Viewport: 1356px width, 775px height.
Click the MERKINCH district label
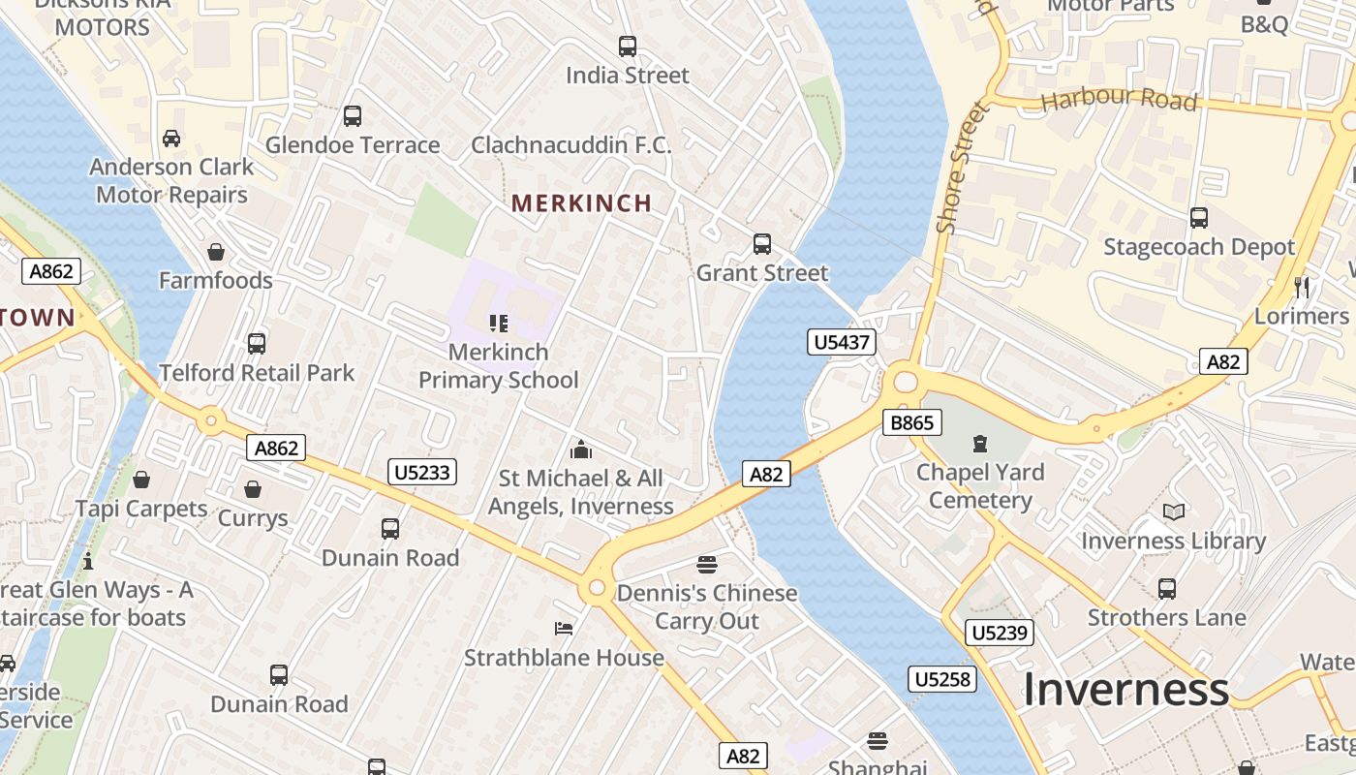point(581,203)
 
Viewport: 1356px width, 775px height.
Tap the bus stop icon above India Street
point(628,46)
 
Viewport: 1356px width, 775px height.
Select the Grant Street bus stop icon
point(762,244)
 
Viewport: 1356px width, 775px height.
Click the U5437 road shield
point(842,342)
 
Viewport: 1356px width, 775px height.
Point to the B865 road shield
point(911,422)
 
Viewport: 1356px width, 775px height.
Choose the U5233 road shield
point(422,472)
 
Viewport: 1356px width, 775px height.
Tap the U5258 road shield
point(941,679)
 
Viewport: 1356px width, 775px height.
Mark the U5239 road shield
point(1000,634)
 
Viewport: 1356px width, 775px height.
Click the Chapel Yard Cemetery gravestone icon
point(980,445)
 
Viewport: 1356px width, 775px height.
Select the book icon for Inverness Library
point(1173,512)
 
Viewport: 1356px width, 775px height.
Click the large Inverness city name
point(1125,690)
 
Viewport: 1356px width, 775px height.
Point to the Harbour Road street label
point(1119,100)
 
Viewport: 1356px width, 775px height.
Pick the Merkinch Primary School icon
point(499,324)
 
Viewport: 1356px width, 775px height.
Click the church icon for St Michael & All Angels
point(581,449)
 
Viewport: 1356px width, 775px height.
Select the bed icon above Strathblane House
point(564,629)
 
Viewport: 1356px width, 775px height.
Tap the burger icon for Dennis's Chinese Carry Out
point(707,565)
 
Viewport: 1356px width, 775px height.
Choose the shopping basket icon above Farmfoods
point(216,252)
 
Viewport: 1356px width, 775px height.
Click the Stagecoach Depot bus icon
point(1199,218)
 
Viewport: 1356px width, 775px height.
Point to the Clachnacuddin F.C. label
point(570,145)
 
